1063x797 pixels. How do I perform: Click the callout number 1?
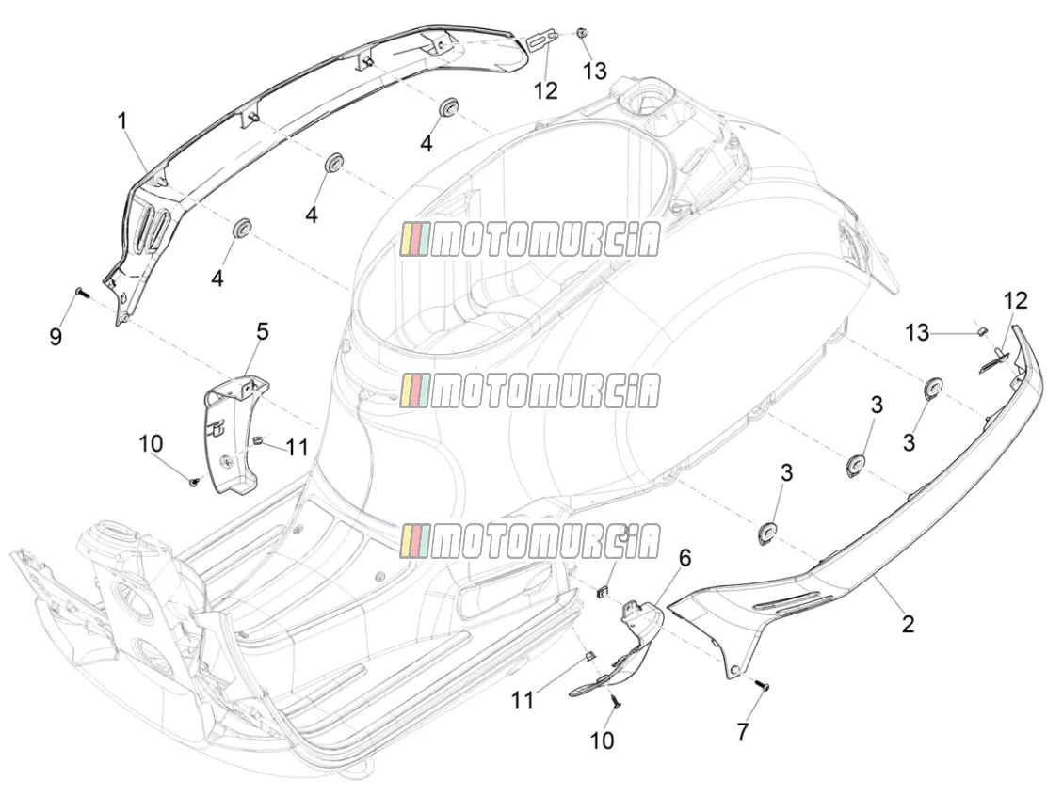[x=122, y=122]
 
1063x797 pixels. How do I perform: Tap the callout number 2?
[x=908, y=623]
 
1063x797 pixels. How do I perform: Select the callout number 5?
[x=262, y=331]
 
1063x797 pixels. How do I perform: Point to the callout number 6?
[x=685, y=558]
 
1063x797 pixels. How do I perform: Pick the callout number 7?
[x=743, y=732]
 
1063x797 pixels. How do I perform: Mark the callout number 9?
[x=56, y=336]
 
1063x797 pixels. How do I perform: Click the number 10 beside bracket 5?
[x=152, y=444]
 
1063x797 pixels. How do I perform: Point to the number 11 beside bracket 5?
[x=297, y=447]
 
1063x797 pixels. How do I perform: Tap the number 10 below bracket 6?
[x=602, y=740]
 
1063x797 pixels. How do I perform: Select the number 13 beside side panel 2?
[x=917, y=333]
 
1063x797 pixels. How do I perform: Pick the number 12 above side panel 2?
[x=1016, y=300]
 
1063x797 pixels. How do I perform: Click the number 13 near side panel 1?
[x=595, y=71]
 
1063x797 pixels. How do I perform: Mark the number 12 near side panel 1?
[x=545, y=90]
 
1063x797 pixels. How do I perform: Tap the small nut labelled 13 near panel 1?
[x=582, y=33]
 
